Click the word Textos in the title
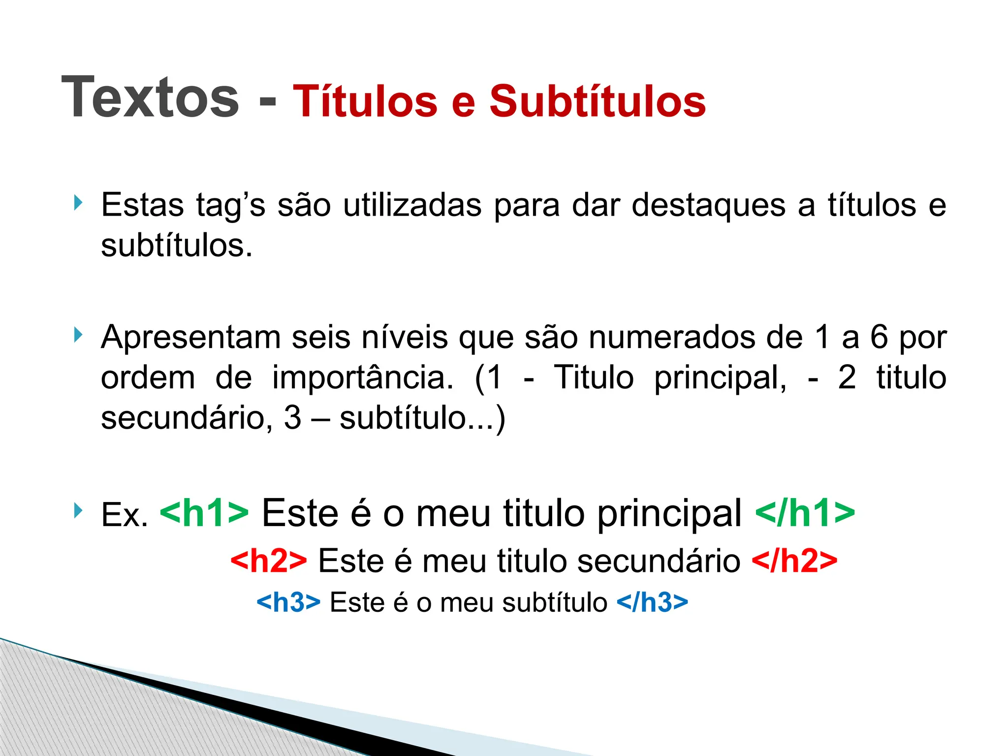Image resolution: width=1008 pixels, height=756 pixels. point(150,97)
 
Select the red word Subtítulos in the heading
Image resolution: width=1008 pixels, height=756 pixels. point(597,101)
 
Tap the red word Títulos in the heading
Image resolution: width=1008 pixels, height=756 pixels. point(365,101)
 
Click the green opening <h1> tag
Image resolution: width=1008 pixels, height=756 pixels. point(204,513)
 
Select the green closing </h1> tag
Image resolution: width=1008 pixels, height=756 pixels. point(805,513)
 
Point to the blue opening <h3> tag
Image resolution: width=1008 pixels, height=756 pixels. point(288,602)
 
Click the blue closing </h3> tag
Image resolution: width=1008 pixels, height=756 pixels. point(652,602)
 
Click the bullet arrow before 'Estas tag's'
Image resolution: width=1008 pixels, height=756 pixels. point(77,202)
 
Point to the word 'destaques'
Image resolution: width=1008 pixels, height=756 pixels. point(708,206)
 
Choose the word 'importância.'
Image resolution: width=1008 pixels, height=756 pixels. point(363,378)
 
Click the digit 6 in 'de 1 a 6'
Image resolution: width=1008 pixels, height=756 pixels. point(879,338)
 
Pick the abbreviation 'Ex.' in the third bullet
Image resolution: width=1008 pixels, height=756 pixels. point(125,515)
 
